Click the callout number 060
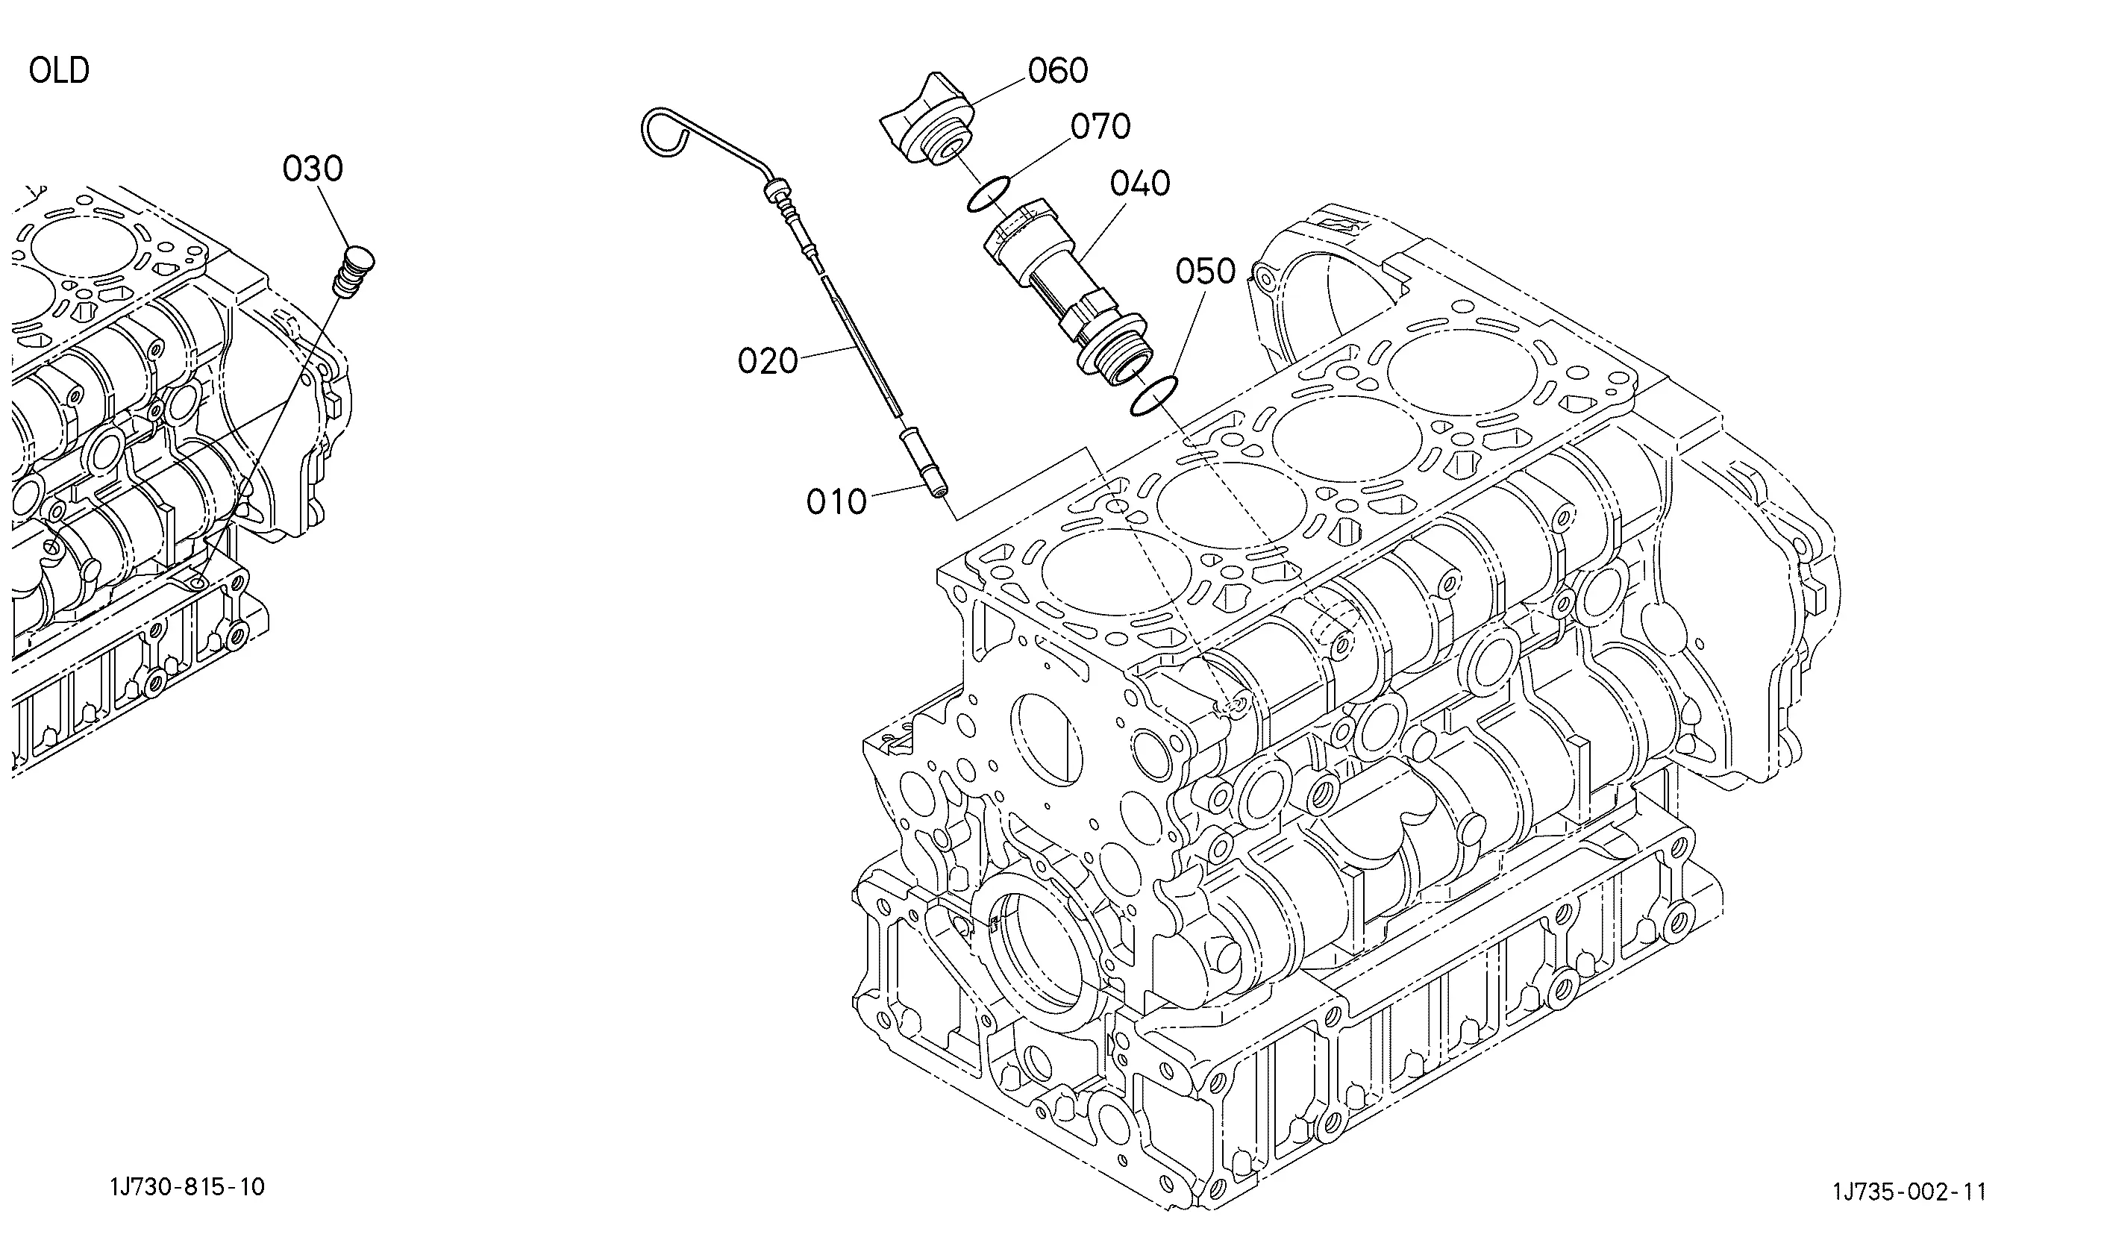coord(1058,71)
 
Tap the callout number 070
coord(1100,127)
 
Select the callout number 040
coord(1139,183)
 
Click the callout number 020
coord(768,361)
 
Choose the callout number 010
coord(836,502)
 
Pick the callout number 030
coord(313,169)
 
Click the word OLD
coord(59,71)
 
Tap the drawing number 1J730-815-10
coord(187,1187)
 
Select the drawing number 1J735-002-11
coord(1909,1192)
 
